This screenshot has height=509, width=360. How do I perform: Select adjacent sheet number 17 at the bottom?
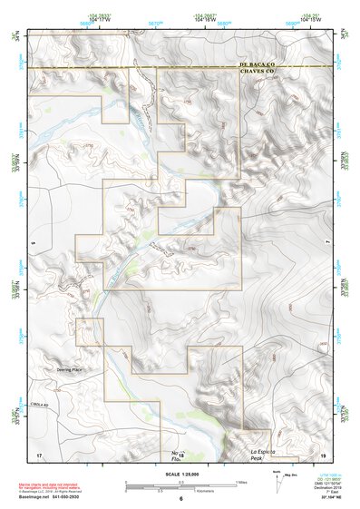(39, 455)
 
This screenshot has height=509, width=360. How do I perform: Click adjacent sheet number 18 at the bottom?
(180, 455)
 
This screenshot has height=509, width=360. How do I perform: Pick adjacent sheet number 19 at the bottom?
(321, 455)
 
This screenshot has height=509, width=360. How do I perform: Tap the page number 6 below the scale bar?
(180, 498)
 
